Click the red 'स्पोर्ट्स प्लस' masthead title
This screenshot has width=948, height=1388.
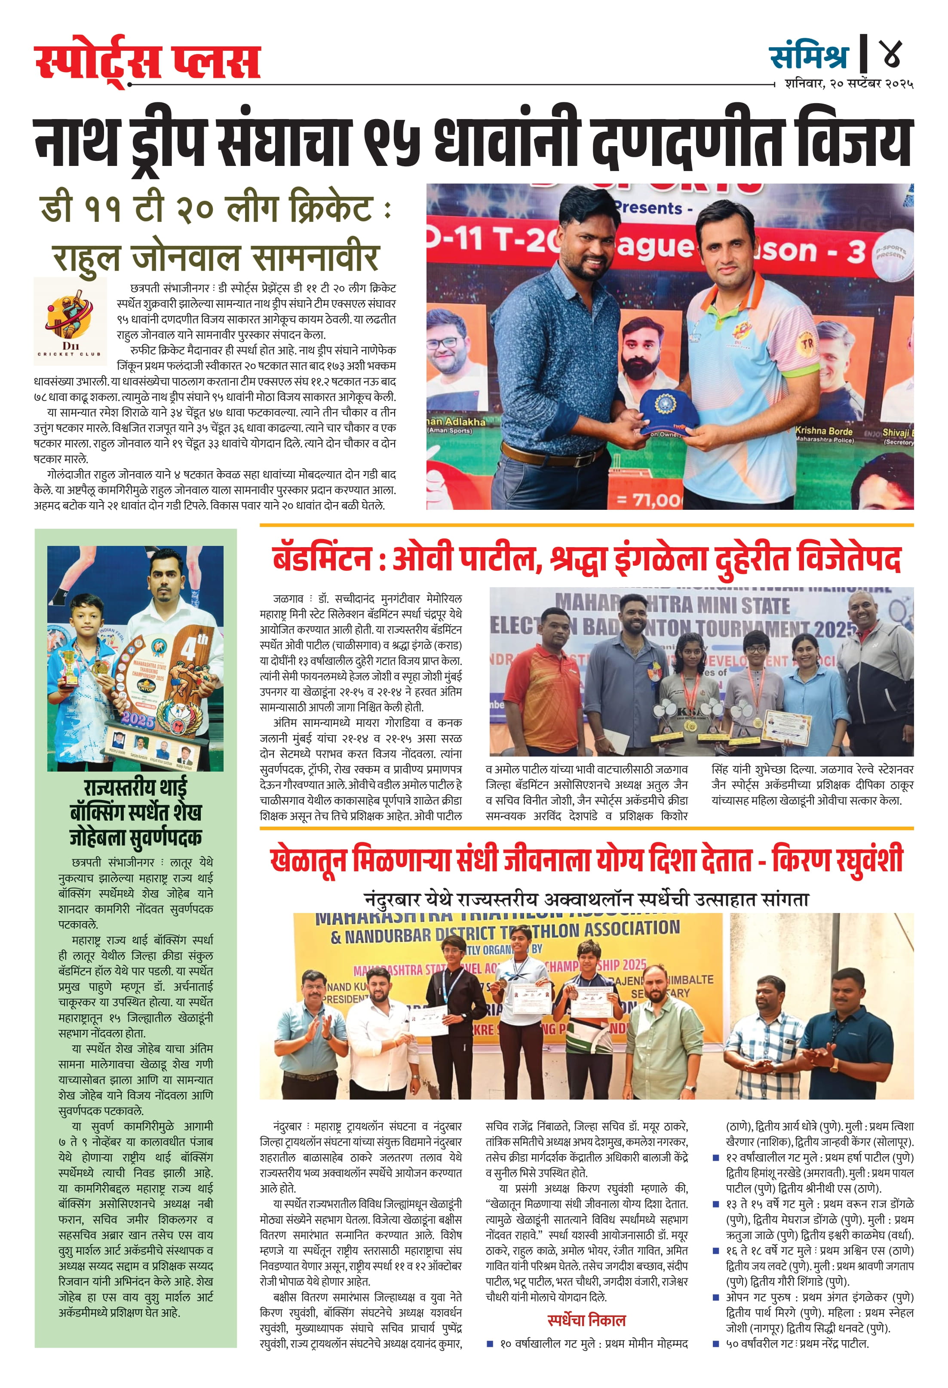pyautogui.click(x=147, y=61)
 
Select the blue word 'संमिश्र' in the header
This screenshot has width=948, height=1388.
pyautogui.click(x=810, y=56)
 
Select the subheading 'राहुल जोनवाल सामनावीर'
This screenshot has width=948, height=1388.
pyautogui.click(x=216, y=257)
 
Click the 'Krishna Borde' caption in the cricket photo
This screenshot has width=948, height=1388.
pyautogui.click(x=823, y=431)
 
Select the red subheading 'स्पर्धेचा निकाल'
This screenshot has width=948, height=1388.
pyautogui.click(x=586, y=1320)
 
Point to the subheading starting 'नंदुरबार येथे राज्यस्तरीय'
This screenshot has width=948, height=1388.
pyautogui.click(x=586, y=899)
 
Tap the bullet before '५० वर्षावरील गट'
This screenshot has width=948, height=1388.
pyautogui.click(x=716, y=1344)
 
